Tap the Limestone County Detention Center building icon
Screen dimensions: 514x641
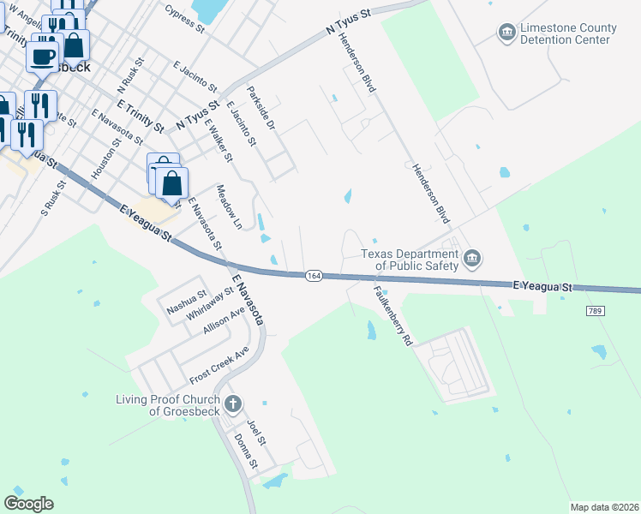click(506, 33)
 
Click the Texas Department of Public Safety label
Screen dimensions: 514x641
click(410, 260)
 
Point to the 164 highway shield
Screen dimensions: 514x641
click(315, 275)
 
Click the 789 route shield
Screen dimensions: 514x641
click(595, 310)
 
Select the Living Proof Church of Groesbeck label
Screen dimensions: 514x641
click(168, 404)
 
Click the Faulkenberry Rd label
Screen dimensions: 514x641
click(392, 314)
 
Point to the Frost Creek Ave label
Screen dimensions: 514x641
click(219, 366)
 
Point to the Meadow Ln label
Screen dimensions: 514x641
click(230, 206)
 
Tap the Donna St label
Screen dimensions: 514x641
click(246, 451)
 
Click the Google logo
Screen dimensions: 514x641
click(28, 503)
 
